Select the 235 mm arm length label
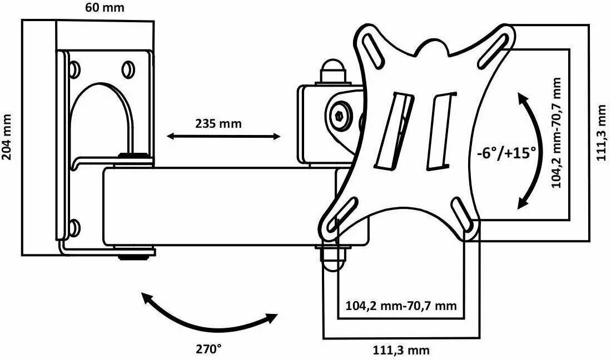tap(218, 123)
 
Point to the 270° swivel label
tap(208, 349)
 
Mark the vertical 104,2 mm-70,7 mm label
tap(557, 133)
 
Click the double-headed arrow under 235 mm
tap(223, 136)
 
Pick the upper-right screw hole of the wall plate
tap(127, 69)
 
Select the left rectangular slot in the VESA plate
tap(395, 131)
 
